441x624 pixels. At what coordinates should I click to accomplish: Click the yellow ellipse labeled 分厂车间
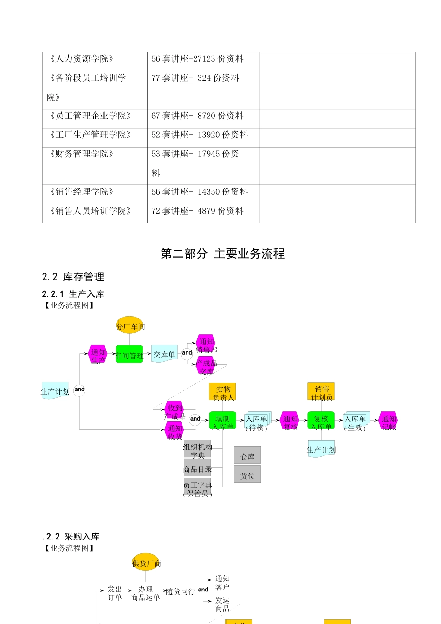pos(130,326)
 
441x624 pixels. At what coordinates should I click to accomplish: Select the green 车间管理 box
pos(129,355)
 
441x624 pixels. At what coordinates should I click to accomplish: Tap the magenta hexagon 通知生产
pos(98,355)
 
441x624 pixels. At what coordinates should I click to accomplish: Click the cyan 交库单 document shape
pos(164,354)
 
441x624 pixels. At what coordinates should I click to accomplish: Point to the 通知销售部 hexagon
pos(206,344)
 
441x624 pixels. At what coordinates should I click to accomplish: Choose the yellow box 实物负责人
pos(223,391)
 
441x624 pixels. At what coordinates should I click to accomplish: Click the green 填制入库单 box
pos(223,421)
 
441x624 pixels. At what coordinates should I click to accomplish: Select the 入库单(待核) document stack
pos(257,421)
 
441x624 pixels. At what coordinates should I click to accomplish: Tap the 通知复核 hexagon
pos(290,421)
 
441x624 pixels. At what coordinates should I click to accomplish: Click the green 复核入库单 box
pos(321,421)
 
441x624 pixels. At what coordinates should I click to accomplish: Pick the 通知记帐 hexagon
pos(389,421)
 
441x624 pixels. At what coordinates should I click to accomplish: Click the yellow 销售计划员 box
pos(321,391)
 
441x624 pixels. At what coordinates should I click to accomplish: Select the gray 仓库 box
pos(247,455)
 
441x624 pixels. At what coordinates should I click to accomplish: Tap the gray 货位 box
pos(247,474)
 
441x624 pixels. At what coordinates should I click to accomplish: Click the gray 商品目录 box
pos(197,468)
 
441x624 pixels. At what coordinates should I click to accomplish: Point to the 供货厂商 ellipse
pos(146,563)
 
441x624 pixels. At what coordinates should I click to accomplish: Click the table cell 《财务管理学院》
pos(82,154)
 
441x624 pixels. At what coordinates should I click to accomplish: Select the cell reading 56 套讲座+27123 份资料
pos(197,59)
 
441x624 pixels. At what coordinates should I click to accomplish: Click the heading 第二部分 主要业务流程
pos(222,253)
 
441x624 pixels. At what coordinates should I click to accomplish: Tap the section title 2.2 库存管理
pos(73,277)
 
